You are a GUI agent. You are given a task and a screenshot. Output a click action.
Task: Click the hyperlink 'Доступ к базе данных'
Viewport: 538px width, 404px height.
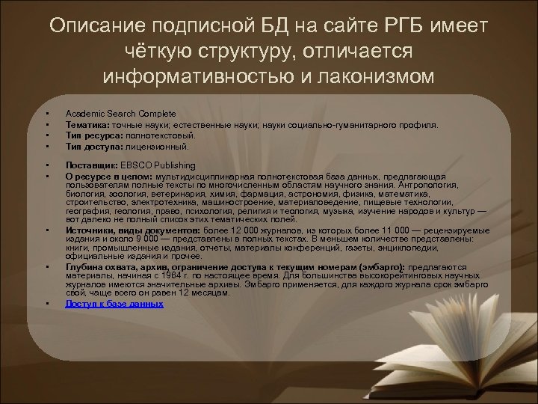[114, 304]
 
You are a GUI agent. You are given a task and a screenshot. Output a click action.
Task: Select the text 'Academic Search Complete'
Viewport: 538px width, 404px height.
[110, 113]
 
